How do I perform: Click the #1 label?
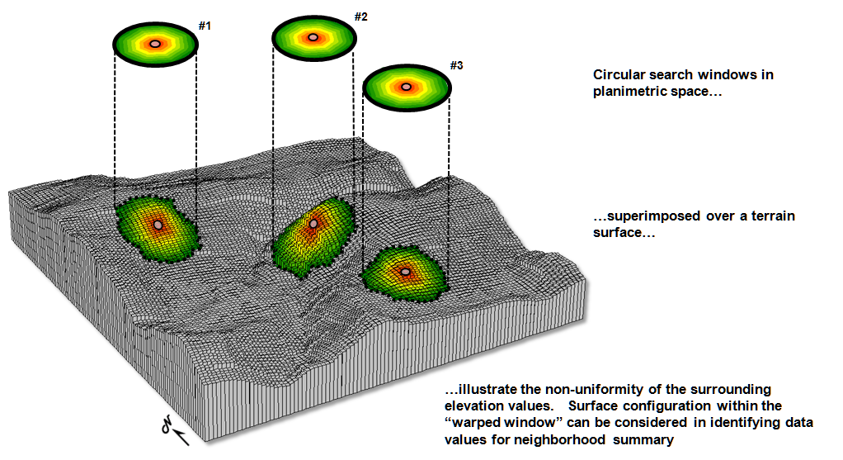pyautogui.click(x=205, y=26)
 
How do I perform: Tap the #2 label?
pyautogui.click(x=360, y=17)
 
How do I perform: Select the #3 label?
pyautogui.click(x=457, y=64)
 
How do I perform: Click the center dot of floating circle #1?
pyautogui.click(x=154, y=43)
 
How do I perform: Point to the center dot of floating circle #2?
pyautogui.click(x=313, y=37)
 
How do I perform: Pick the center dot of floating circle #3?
pyautogui.click(x=404, y=85)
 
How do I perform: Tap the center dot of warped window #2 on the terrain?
pyautogui.click(x=313, y=223)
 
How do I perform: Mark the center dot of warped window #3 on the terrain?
pyautogui.click(x=405, y=271)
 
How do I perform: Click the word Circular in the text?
pyautogui.click(x=619, y=75)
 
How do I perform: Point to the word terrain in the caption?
pyautogui.click(x=775, y=216)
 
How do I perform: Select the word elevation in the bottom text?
pyautogui.click(x=475, y=405)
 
